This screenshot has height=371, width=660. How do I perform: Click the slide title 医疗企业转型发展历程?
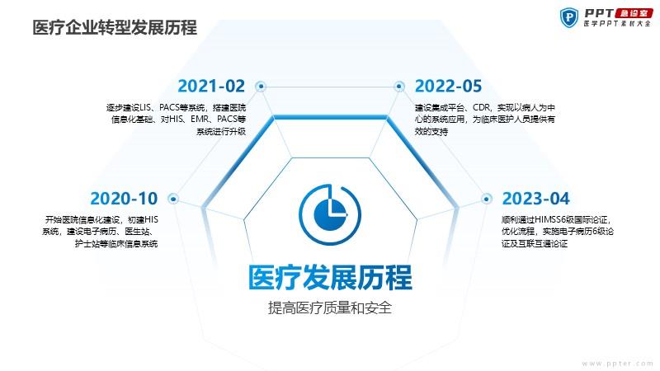(115, 28)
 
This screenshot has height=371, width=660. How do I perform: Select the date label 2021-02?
(211, 87)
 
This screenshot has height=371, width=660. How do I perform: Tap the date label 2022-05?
(448, 87)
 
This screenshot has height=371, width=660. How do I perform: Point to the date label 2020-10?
(124, 199)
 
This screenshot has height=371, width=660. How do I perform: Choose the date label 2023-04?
(535, 199)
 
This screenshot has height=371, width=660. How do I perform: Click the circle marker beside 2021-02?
(261, 87)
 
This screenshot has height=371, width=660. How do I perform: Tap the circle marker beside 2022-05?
(399, 87)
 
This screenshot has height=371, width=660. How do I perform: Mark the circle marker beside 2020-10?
(173, 199)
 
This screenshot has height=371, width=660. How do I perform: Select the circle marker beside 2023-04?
(487, 199)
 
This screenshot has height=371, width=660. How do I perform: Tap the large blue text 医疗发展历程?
(330, 278)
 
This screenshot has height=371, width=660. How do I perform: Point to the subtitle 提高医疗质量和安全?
(330, 308)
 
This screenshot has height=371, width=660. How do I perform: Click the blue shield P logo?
(569, 17)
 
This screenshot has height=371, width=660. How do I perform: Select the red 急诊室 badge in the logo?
(634, 13)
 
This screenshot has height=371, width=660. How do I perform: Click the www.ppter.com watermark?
(617, 364)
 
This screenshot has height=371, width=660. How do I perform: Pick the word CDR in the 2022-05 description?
(481, 108)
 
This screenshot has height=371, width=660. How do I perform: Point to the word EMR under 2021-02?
(199, 119)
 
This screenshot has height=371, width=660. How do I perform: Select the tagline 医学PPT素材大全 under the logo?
(617, 24)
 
